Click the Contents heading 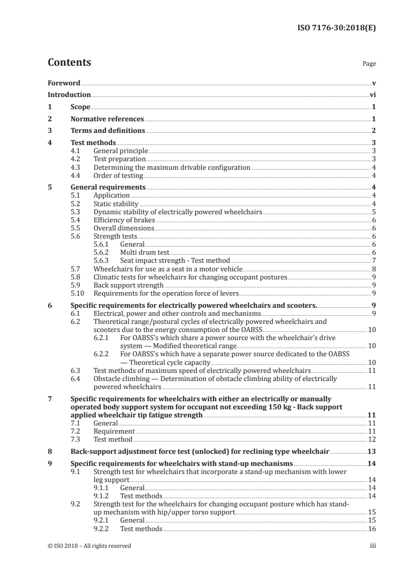pyautogui.click(x=69, y=63)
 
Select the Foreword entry pyautogui.click(x=64, y=83)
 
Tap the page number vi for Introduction pyautogui.click(x=372, y=94)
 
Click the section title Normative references pyautogui.click(x=107, y=119)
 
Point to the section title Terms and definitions pyautogui.click(x=108, y=131)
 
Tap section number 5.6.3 pyautogui.click(x=102, y=260)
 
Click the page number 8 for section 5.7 pyautogui.click(x=373, y=269)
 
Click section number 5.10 pyautogui.click(x=77, y=293)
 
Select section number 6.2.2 pyautogui.click(x=102, y=354)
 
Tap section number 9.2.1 pyautogui.click(x=102, y=521)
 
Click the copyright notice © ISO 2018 pyautogui.click(x=89, y=546)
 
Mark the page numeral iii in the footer pyautogui.click(x=373, y=546)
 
